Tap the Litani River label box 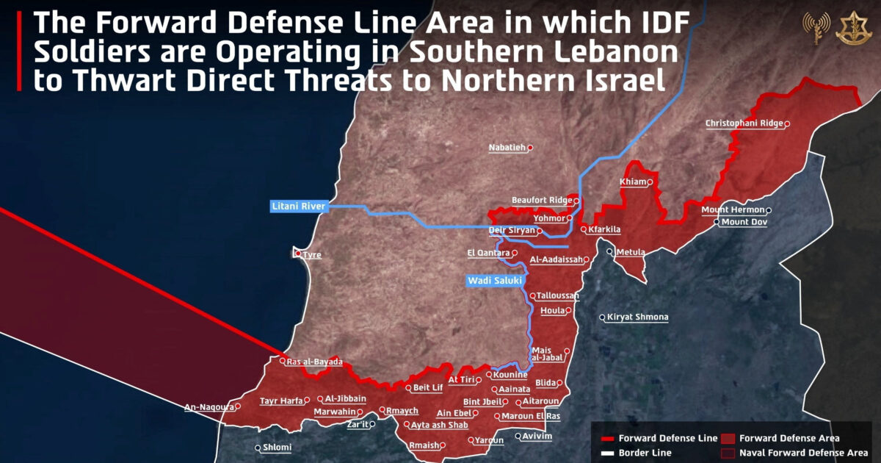(298, 207)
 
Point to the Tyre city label (313, 255)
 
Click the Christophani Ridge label (744, 123)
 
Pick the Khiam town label (633, 182)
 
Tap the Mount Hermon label (733, 210)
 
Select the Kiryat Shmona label (637, 317)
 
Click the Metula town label (630, 252)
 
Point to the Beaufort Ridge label (541, 200)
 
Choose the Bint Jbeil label (482, 402)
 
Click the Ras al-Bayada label (314, 362)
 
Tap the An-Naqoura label (209, 407)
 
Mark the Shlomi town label (278, 448)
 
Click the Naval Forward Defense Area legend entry (803, 453)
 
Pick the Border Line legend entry (645, 453)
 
